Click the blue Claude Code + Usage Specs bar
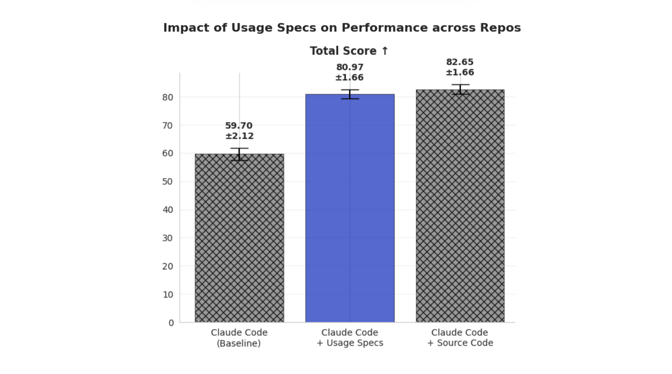click(x=350, y=208)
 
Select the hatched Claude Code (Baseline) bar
click(x=239, y=238)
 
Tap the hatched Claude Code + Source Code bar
click(x=460, y=206)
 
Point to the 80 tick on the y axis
click(x=168, y=97)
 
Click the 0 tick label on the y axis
click(x=171, y=323)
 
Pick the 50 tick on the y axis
click(x=168, y=182)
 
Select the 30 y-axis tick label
click(x=168, y=238)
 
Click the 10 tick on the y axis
click(x=168, y=295)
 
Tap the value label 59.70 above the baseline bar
click(x=239, y=126)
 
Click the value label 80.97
click(x=350, y=67)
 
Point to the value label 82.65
click(x=460, y=62)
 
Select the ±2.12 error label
click(x=239, y=136)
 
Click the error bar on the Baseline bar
click(x=239, y=154)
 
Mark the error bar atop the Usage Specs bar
click(x=350, y=94)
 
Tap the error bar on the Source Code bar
click(x=460, y=89)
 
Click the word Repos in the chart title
click(x=500, y=28)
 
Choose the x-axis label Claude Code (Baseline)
click(x=239, y=338)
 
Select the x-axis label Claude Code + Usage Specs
click(x=350, y=338)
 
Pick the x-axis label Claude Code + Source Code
click(x=460, y=338)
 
